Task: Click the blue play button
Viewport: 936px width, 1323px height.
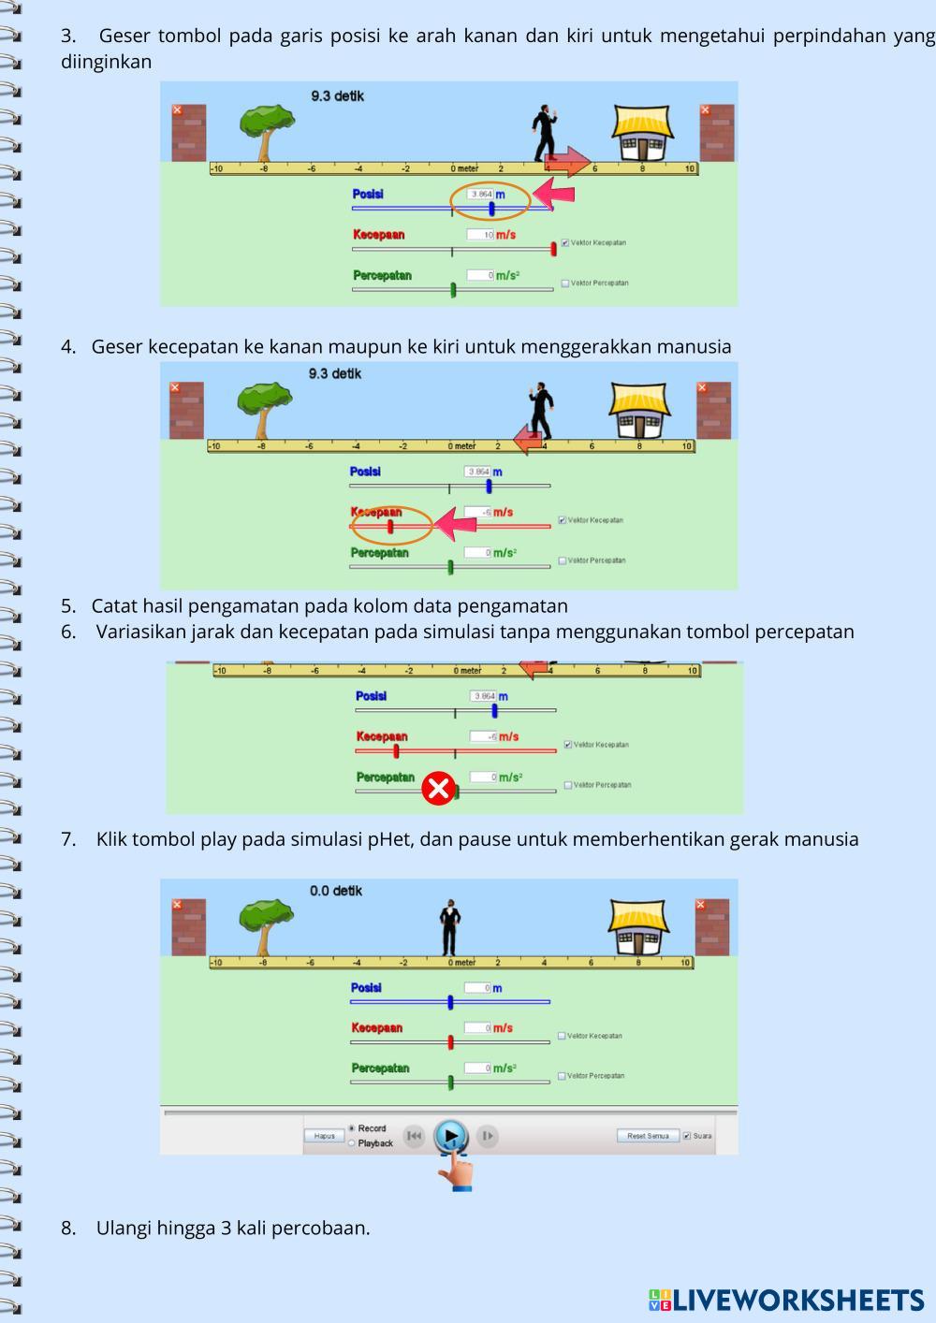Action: click(450, 1136)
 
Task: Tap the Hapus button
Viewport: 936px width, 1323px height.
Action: click(324, 1136)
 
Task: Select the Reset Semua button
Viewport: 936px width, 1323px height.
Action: click(648, 1136)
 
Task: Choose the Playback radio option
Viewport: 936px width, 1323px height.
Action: click(352, 1143)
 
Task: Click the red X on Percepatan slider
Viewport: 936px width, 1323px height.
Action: click(437, 788)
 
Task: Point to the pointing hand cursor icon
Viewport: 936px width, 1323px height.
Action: click(457, 1170)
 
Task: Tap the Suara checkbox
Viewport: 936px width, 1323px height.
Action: click(687, 1136)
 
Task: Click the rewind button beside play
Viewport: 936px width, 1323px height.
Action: click(414, 1136)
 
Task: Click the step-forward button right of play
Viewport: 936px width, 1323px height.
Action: click(487, 1136)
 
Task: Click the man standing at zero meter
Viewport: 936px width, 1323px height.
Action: click(451, 926)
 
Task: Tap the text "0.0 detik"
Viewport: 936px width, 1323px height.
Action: click(336, 891)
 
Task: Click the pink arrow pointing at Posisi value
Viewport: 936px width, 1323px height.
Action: click(554, 195)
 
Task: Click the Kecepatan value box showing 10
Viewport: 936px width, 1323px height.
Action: click(480, 235)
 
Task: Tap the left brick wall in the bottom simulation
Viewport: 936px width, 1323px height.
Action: click(188, 926)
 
